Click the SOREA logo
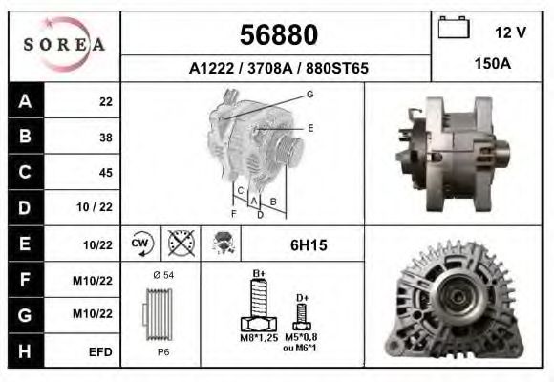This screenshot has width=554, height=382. point(65,46)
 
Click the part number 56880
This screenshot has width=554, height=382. point(278,35)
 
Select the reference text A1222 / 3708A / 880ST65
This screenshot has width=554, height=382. point(278,69)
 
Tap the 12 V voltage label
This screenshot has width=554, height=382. point(510,32)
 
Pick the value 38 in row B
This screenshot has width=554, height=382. point(106,137)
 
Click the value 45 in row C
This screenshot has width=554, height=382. point(106,173)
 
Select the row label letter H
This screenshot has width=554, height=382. point(24,350)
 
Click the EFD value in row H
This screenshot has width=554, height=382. point(100,351)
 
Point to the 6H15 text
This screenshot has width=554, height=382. point(308,245)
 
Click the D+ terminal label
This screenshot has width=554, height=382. point(302,299)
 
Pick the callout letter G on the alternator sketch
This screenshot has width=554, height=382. point(309,94)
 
